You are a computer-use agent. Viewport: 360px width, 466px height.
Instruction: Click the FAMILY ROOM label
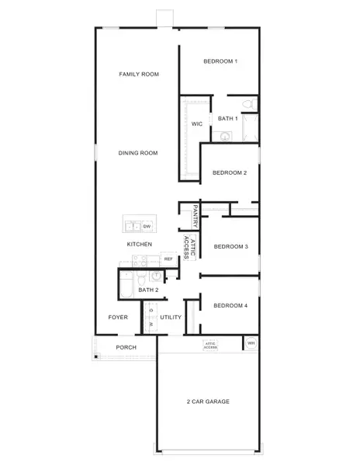click(x=139, y=75)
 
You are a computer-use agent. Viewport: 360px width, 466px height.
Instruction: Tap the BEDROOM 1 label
click(x=220, y=61)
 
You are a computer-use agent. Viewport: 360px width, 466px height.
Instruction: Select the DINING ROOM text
click(x=138, y=153)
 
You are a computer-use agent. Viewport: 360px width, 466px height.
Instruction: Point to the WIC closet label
click(x=197, y=123)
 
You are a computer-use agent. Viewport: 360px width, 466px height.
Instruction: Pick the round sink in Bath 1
click(x=226, y=137)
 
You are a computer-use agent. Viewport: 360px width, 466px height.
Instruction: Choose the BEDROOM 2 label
click(x=230, y=172)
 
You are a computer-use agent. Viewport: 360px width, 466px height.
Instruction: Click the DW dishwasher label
click(x=146, y=226)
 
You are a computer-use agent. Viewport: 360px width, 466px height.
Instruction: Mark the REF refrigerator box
click(x=168, y=259)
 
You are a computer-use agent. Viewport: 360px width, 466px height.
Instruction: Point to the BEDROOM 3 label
click(x=230, y=247)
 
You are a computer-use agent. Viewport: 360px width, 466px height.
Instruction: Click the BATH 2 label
click(x=148, y=290)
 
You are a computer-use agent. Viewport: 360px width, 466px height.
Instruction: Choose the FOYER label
click(x=118, y=317)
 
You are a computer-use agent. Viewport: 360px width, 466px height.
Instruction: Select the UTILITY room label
click(x=171, y=317)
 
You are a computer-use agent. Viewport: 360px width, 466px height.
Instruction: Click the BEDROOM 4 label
click(x=230, y=305)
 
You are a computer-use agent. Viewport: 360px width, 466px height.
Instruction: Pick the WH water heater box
click(x=251, y=343)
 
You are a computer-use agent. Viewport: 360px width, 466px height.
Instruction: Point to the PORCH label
click(x=126, y=347)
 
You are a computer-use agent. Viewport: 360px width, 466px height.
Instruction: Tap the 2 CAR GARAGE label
click(x=208, y=402)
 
